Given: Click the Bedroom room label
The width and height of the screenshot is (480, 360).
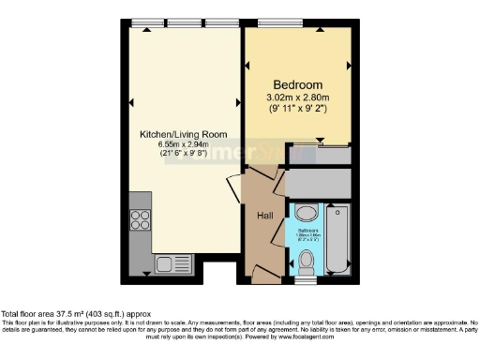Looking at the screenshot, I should pos(299,84).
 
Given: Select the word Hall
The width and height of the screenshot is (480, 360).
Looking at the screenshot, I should pos(265,216).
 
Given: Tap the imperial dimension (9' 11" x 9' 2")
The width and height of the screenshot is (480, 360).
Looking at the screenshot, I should pos(299,111).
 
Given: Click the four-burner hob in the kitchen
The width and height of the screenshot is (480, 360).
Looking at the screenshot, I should pos(142,220).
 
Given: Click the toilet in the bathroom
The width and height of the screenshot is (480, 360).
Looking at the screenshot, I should pos(307,262).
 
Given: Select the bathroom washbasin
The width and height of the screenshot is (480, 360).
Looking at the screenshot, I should pos(306,211).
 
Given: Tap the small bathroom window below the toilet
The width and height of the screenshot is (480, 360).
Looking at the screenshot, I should pos(307,279).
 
